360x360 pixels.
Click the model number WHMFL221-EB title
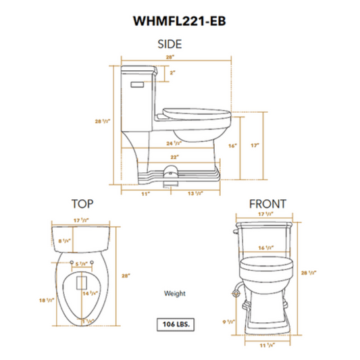[179, 20]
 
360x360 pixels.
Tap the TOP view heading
[82, 203]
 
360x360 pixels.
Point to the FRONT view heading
[267, 203]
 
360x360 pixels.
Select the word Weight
[175, 294]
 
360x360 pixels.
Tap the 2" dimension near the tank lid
[172, 72]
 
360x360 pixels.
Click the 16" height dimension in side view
[232, 145]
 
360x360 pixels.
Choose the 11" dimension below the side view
[145, 194]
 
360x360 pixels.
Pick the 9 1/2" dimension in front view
[232, 323]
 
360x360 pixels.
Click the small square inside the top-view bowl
[82, 280]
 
